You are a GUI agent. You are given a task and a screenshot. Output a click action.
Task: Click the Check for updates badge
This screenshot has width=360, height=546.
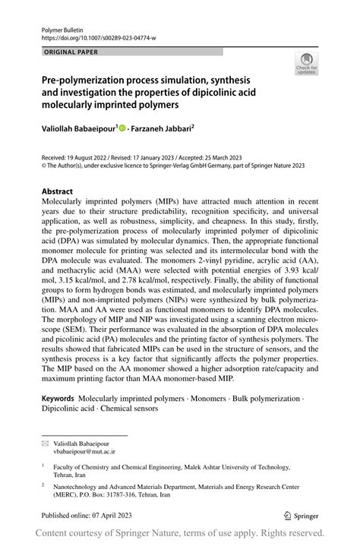coord(306,64)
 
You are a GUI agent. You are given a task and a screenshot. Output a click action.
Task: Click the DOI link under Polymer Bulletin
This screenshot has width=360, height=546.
coord(93,36)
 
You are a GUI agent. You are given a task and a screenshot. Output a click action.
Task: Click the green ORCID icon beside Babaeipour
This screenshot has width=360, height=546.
coord(122,128)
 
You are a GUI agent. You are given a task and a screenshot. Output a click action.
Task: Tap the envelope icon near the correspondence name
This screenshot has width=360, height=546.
coord(46,441)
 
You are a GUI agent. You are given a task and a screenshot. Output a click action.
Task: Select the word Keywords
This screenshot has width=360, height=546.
coord(58,398)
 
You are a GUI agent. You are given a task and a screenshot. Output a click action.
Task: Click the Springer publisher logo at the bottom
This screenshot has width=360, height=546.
coord(300,514)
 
